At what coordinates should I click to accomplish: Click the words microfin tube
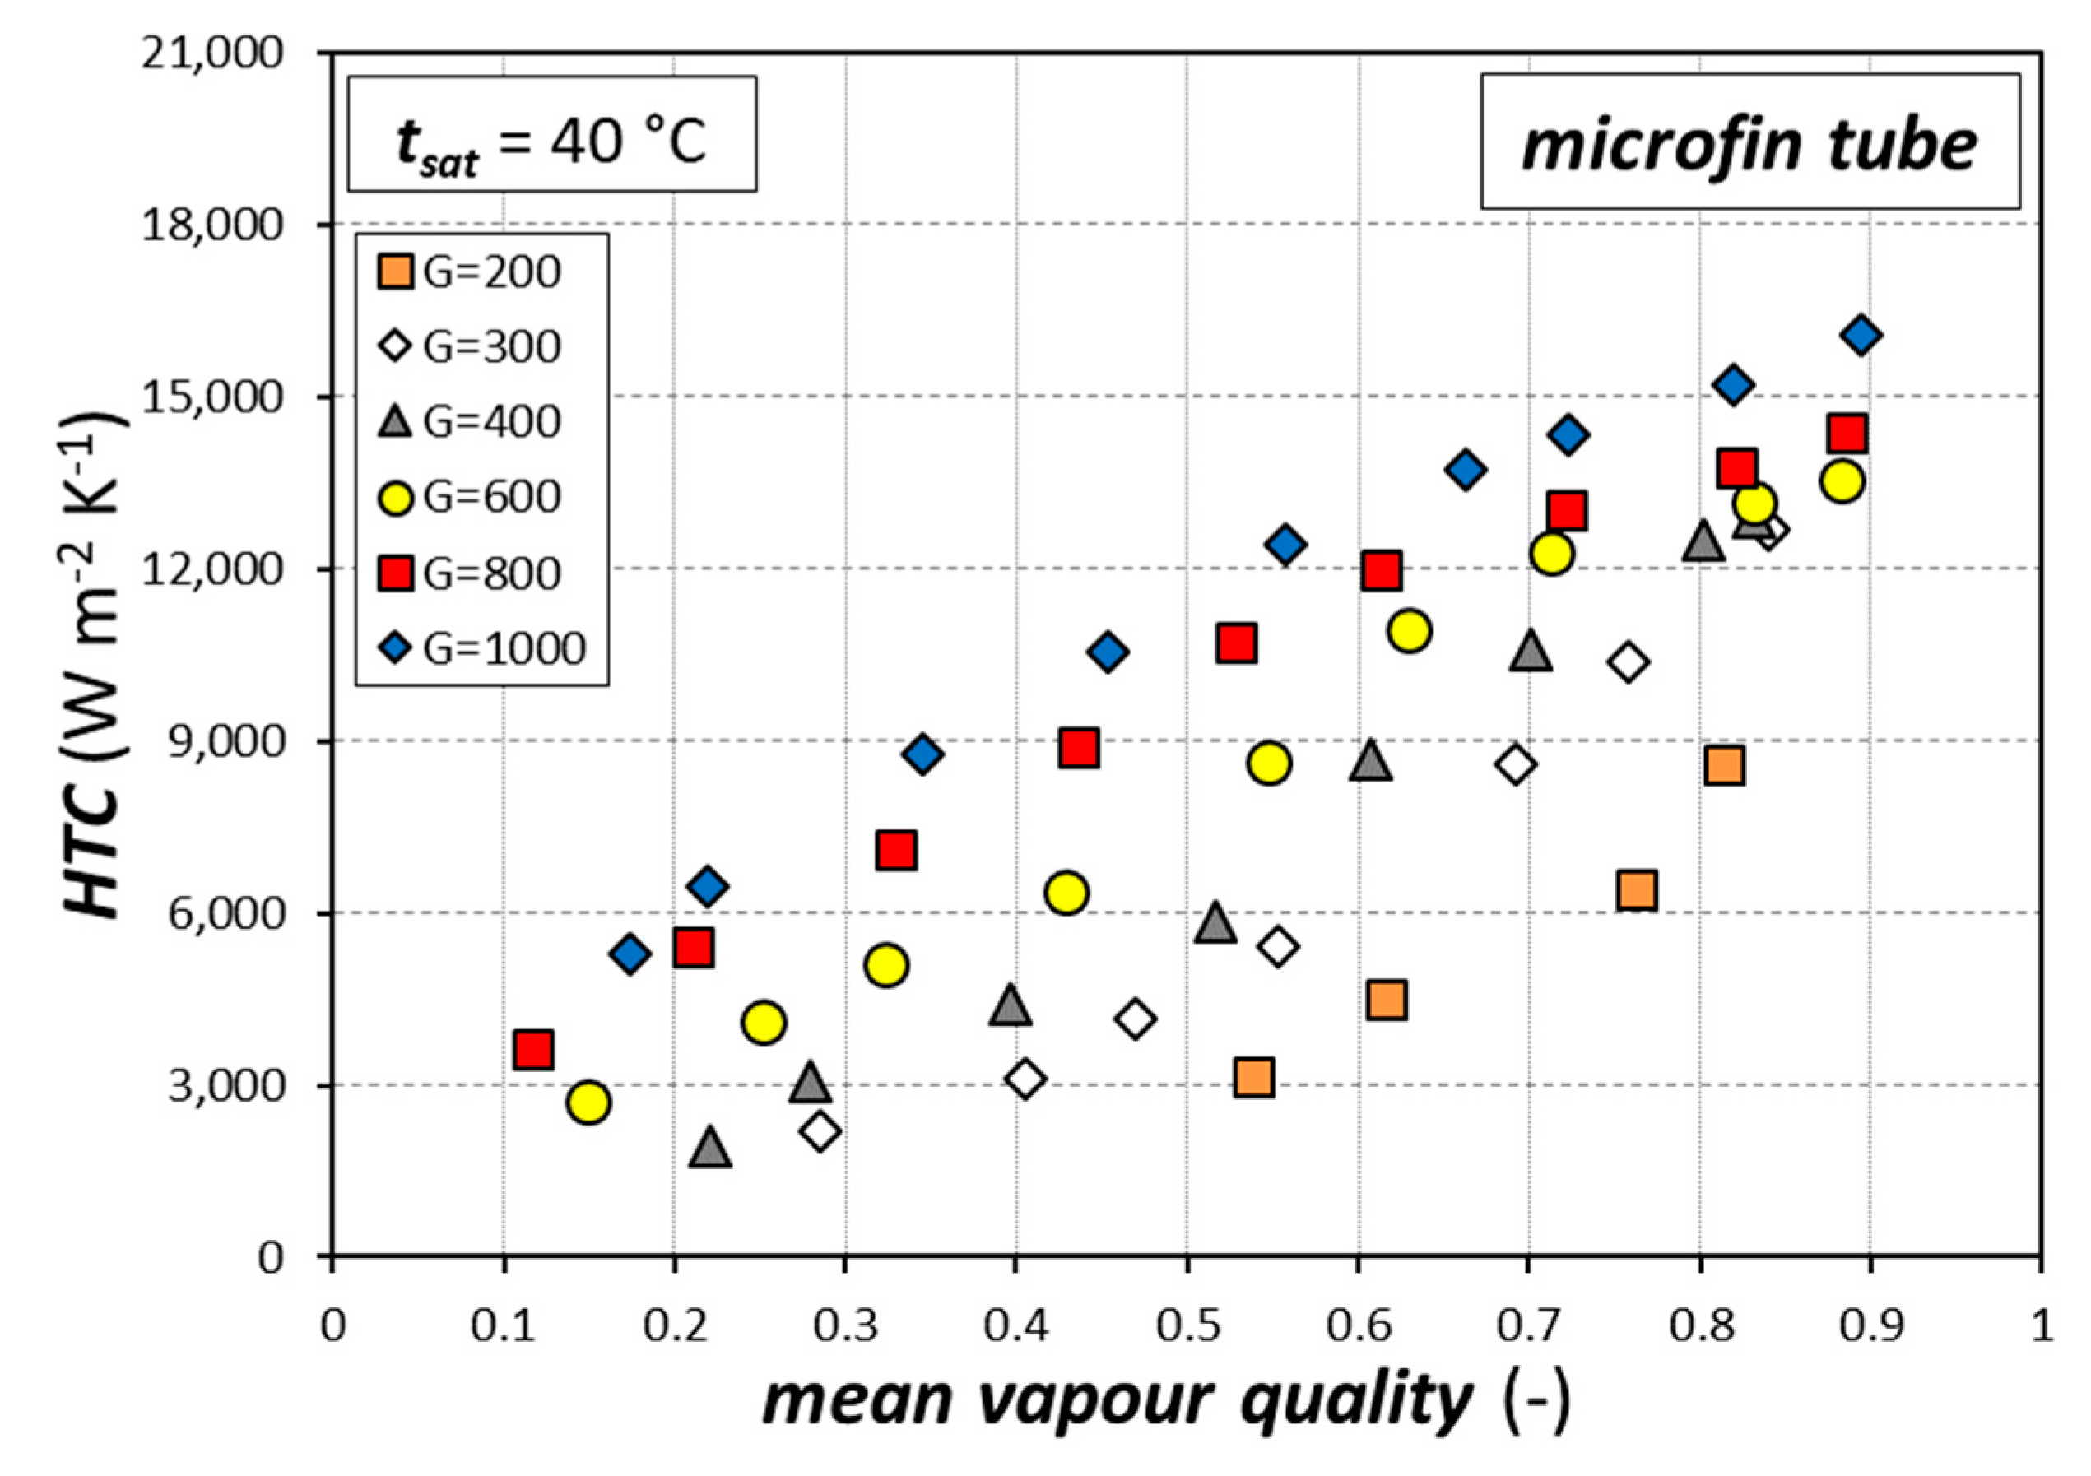pyautogui.click(x=1749, y=144)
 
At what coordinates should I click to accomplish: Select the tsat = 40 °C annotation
pyautogui.click(x=552, y=144)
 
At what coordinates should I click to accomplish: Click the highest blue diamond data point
pyautogui.click(x=1861, y=336)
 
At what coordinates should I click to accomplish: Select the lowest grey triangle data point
pyautogui.click(x=710, y=1149)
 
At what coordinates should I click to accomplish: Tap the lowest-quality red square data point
pyautogui.click(x=532, y=1050)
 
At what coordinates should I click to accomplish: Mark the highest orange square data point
pyautogui.click(x=1725, y=766)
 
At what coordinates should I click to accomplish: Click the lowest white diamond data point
pyautogui.click(x=820, y=1132)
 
